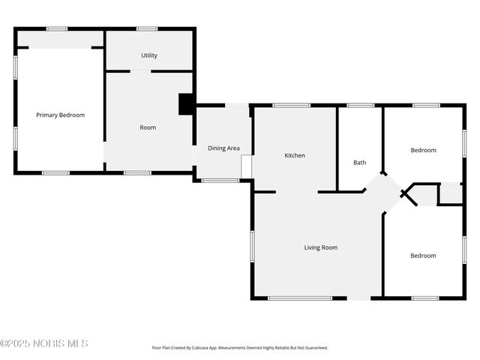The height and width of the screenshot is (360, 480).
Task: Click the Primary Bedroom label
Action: [60, 115]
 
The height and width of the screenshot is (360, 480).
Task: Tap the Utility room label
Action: [149, 55]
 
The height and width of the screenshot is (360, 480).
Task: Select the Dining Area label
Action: [223, 148]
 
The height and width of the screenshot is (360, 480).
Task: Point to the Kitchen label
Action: [295, 155]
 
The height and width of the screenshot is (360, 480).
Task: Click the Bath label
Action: [360, 163]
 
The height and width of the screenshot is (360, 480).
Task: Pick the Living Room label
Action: [321, 247]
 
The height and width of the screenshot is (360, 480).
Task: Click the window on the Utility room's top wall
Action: [147, 29]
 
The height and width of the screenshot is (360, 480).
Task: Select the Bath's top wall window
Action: [361, 106]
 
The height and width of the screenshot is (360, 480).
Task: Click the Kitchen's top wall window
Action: [292, 106]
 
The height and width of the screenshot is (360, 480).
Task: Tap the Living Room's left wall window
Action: [253, 247]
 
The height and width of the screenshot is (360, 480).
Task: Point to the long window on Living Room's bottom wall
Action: [300, 298]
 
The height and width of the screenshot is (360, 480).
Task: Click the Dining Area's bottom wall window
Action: [220, 181]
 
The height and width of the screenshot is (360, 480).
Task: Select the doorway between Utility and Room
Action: [140, 72]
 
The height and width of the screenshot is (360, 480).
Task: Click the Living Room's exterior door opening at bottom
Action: [358, 298]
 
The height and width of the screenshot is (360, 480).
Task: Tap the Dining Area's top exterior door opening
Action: [237, 106]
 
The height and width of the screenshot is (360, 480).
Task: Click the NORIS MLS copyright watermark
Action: [44, 343]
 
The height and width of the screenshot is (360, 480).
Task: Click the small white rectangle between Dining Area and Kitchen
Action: [247, 166]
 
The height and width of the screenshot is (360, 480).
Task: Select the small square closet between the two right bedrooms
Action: [451, 193]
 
